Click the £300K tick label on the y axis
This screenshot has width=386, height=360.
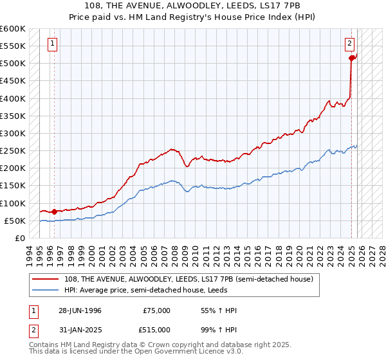13,133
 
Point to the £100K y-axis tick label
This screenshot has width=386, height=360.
13,203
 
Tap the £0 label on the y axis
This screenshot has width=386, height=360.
19,238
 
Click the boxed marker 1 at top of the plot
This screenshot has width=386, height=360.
52,44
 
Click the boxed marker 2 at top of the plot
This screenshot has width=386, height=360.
349,44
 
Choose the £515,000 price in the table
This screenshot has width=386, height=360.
156,330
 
